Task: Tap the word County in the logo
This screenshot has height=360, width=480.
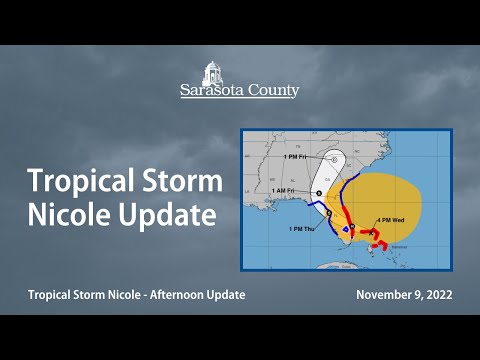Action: (273, 91)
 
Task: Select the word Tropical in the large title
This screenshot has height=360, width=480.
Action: (74, 183)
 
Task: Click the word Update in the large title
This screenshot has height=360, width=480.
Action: (166, 214)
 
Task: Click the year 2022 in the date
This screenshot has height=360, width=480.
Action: (435, 295)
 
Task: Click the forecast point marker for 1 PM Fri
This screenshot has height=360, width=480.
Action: (334, 159)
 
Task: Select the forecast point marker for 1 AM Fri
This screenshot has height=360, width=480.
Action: (318, 193)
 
